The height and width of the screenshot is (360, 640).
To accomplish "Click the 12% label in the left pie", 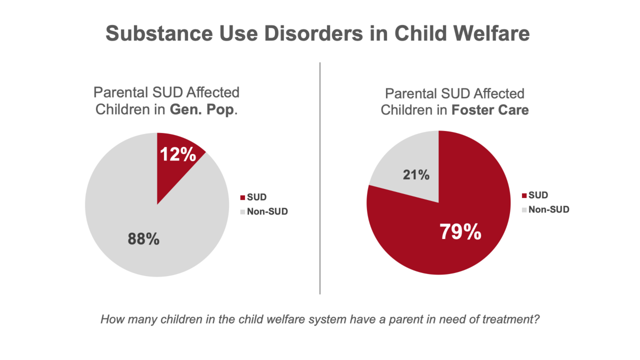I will [x=177, y=154].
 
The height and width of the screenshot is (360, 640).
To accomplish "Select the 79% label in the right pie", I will [x=460, y=232].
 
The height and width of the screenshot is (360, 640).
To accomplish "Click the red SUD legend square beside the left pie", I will [x=242, y=198].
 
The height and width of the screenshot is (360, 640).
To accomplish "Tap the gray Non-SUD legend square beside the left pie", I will [x=242, y=212].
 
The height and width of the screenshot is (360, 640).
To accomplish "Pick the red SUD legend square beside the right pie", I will [x=524, y=195].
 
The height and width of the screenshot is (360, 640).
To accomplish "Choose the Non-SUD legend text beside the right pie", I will [x=548, y=209].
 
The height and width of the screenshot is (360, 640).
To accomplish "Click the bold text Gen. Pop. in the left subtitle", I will [x=201, y=110].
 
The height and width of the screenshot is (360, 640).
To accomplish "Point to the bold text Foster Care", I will [x=490, y=110].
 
